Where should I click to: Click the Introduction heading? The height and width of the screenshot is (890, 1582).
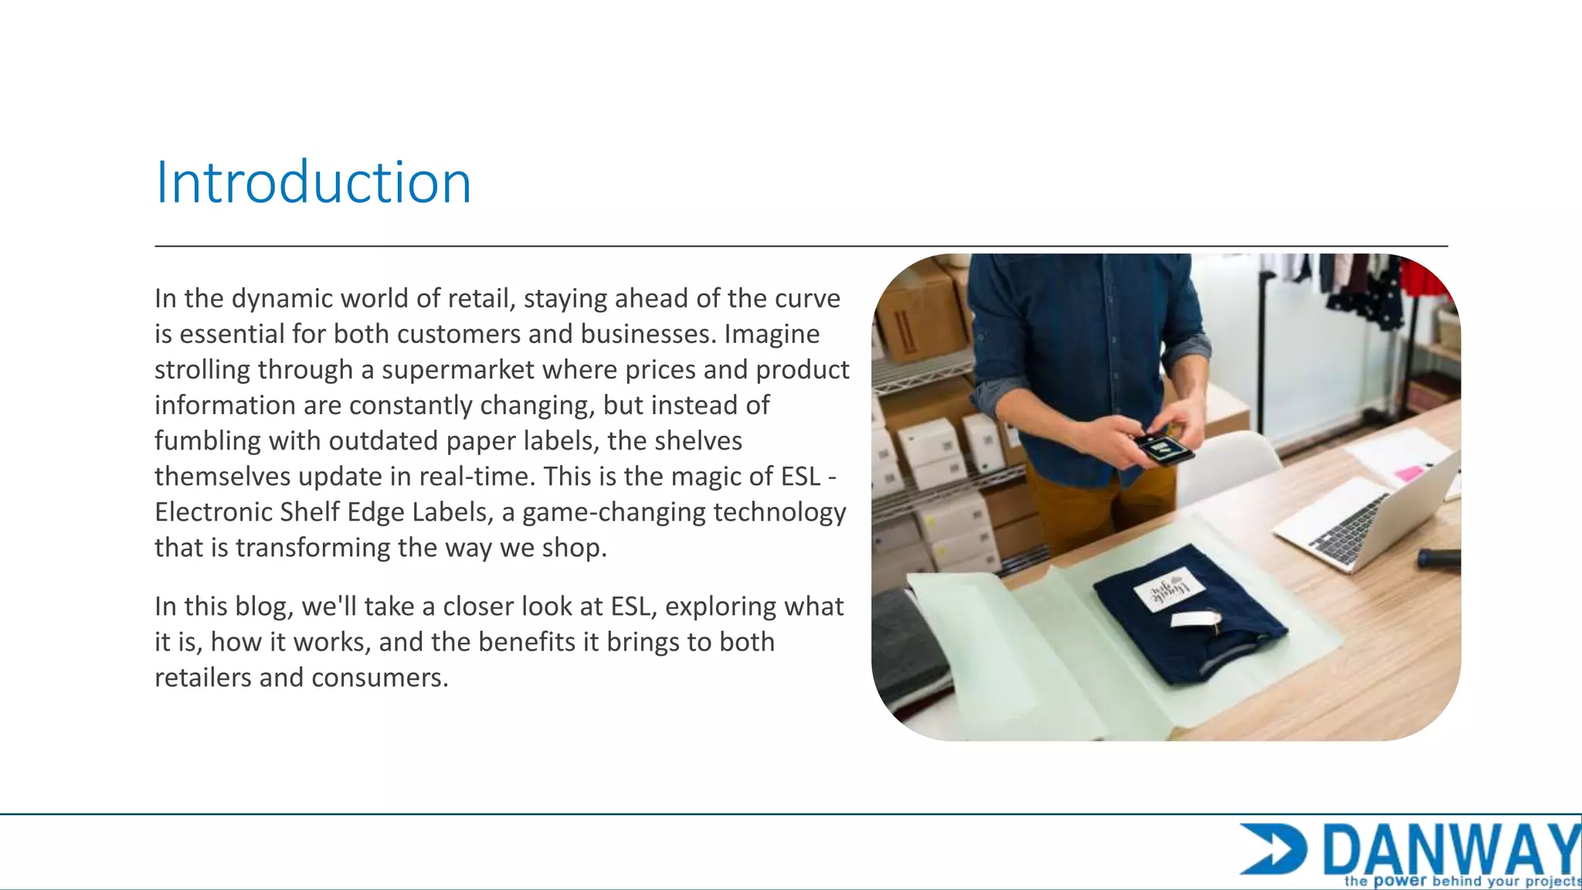[x=313, y=182]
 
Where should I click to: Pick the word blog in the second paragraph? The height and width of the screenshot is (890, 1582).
[x=260, y=607]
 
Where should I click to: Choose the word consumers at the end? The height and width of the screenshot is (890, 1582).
[x=379, y=678]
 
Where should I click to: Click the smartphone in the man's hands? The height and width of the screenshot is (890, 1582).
[x=1163, y=449]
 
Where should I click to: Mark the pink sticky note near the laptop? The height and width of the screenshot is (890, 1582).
[x=1407, y=473]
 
